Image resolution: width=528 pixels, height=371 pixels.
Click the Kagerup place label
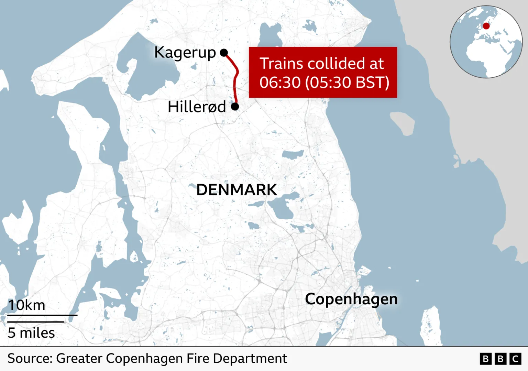coord(185,53)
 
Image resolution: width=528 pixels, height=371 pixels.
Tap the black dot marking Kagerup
coord(224,53)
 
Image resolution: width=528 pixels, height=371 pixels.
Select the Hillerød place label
coord(197,107)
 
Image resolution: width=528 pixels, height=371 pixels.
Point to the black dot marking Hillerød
coord(235,107)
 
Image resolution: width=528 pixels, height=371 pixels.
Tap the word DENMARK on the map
coord(236,190)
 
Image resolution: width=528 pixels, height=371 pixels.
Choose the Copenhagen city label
coord(351,299)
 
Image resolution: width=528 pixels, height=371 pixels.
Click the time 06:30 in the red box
coord(280,83)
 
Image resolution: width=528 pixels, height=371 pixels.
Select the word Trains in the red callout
coord(281,64)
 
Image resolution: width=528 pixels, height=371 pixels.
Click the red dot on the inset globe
coord(486,26)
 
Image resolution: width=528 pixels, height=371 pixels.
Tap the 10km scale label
coord(27,305)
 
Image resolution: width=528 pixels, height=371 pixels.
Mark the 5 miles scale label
coord(31,333)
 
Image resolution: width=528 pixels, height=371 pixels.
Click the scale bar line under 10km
coord(42,315)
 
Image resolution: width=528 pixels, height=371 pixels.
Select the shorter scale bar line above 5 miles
coord(36,322)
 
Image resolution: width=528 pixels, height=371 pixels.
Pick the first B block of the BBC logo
coord(485,359)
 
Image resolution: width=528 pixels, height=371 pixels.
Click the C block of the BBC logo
coord(515,359)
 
